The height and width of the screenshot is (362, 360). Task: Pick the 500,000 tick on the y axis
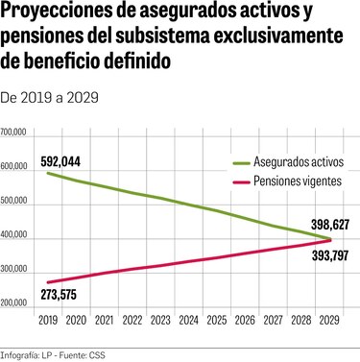pyautogui.click(x=15, y=204)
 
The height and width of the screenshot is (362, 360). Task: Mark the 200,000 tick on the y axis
pyautogui.click(x=15, y=304)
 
